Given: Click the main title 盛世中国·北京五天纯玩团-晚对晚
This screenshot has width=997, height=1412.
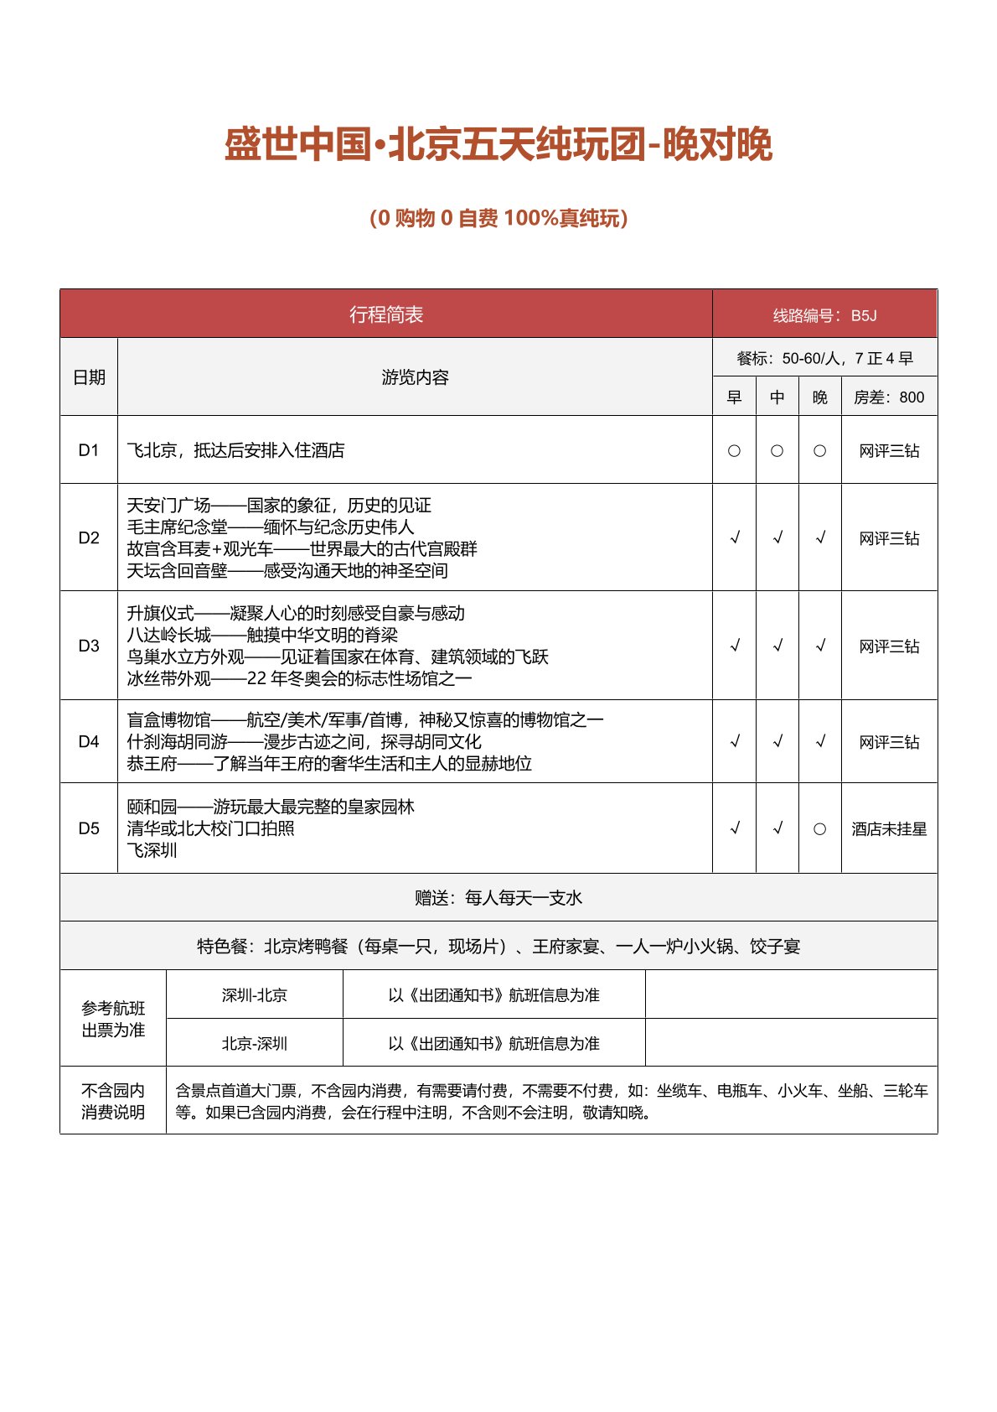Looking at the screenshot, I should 498,145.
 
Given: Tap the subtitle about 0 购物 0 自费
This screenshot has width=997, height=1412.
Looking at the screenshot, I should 498,218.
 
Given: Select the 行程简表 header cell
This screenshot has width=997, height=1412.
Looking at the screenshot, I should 386,314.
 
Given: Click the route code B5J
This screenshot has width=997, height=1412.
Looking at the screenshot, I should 863,316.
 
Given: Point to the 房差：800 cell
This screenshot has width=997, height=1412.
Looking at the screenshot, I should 889,397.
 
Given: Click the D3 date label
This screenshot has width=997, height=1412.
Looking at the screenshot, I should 89,646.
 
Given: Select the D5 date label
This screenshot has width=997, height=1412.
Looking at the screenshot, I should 89,828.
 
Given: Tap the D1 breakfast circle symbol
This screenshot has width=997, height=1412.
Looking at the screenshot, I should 734,451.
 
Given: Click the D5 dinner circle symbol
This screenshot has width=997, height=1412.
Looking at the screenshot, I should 819,829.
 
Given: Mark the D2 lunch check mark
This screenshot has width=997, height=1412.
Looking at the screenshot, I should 777,537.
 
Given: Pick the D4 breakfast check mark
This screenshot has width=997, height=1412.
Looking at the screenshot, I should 735,741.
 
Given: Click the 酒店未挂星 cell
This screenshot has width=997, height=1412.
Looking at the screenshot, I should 889,829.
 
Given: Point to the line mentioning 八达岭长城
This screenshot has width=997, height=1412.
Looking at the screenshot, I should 262,635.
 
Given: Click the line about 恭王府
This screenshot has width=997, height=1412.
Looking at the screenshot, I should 329,763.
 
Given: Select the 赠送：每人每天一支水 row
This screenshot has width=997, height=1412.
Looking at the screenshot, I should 498,898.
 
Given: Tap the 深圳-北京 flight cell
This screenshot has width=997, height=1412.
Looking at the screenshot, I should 255,995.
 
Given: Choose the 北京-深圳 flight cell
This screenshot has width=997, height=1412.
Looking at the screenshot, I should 255,1044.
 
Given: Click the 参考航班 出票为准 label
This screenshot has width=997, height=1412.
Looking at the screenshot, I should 113,1019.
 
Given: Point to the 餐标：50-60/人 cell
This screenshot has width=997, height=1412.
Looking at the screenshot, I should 824,359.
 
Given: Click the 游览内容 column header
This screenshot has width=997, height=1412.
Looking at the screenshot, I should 415,377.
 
